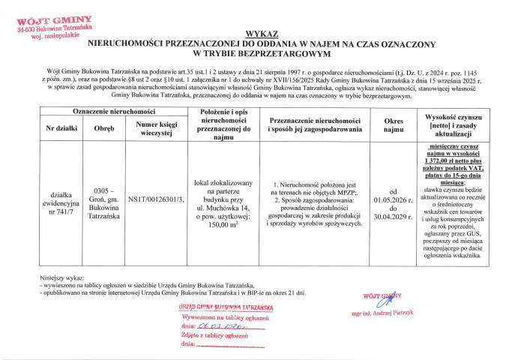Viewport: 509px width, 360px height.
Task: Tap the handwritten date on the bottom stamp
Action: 214,327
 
